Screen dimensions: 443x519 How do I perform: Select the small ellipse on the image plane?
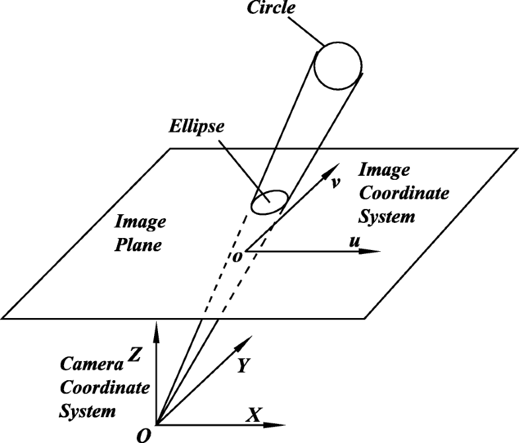[268, 202]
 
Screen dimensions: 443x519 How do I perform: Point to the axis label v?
[336, 182]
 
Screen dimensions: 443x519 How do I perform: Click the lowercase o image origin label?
[237, 255]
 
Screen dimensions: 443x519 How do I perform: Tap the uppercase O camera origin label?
[143, 434]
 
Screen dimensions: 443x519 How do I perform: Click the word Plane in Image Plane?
[140, 245]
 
